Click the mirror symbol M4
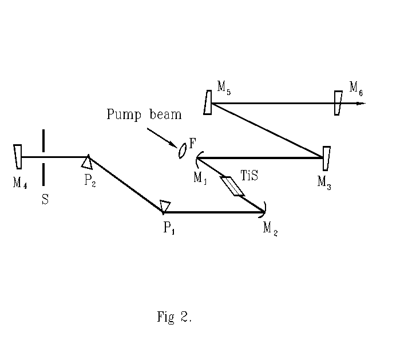coord(18,156)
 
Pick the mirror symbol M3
coord(326,158)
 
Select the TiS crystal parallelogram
coord(232,186)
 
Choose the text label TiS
coord(249,175)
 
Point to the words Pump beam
coord(144,114)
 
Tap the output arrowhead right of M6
coord(360,104)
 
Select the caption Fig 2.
coord(174,317)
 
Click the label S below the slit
coord(45,200)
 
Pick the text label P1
coord(169,228)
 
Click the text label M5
coord(224,88)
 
